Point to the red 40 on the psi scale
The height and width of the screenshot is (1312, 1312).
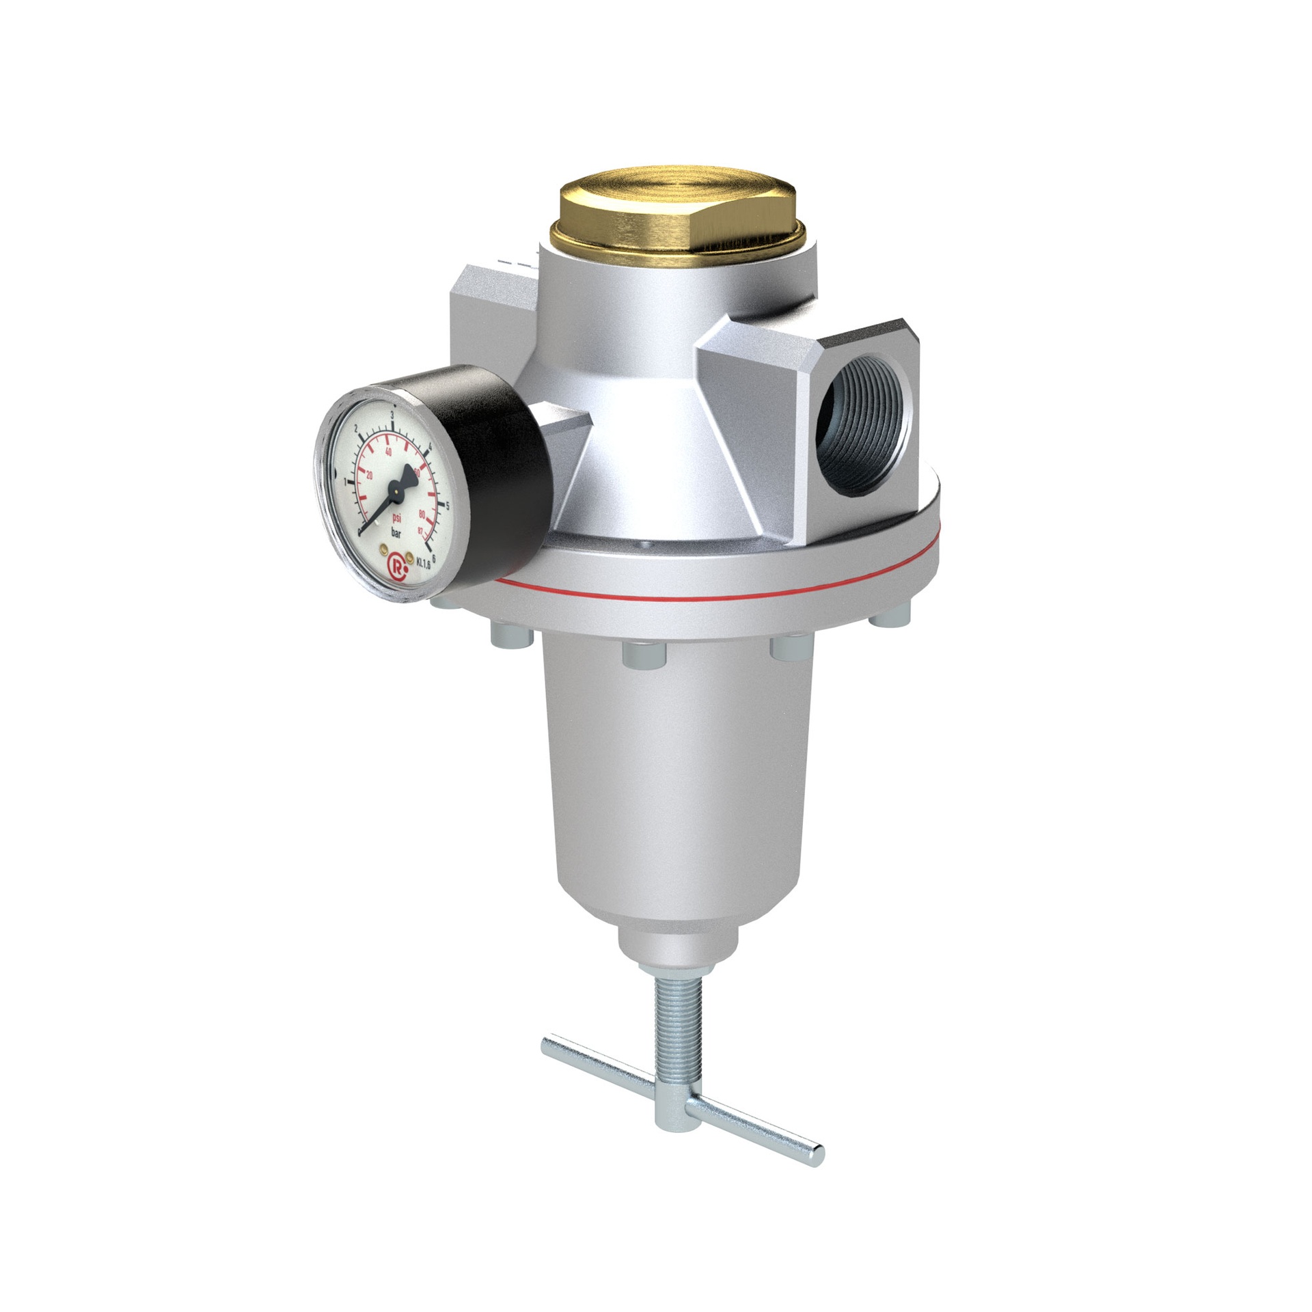(389, 452)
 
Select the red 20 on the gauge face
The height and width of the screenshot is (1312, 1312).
(370, 476)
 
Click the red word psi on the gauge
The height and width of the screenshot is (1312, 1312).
(397, 518)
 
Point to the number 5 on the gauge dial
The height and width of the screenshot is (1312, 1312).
(448, 506)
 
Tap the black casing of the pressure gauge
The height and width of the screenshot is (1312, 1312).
(499, 471)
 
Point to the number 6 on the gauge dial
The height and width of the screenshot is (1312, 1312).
(435, 557)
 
